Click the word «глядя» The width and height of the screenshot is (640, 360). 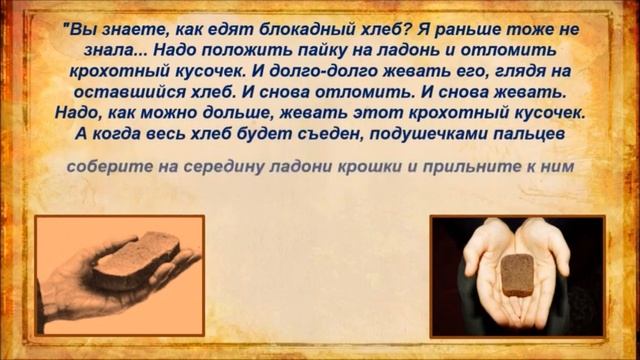500,73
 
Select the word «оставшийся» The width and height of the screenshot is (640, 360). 128,94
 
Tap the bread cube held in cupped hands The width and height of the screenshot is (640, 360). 516,274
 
